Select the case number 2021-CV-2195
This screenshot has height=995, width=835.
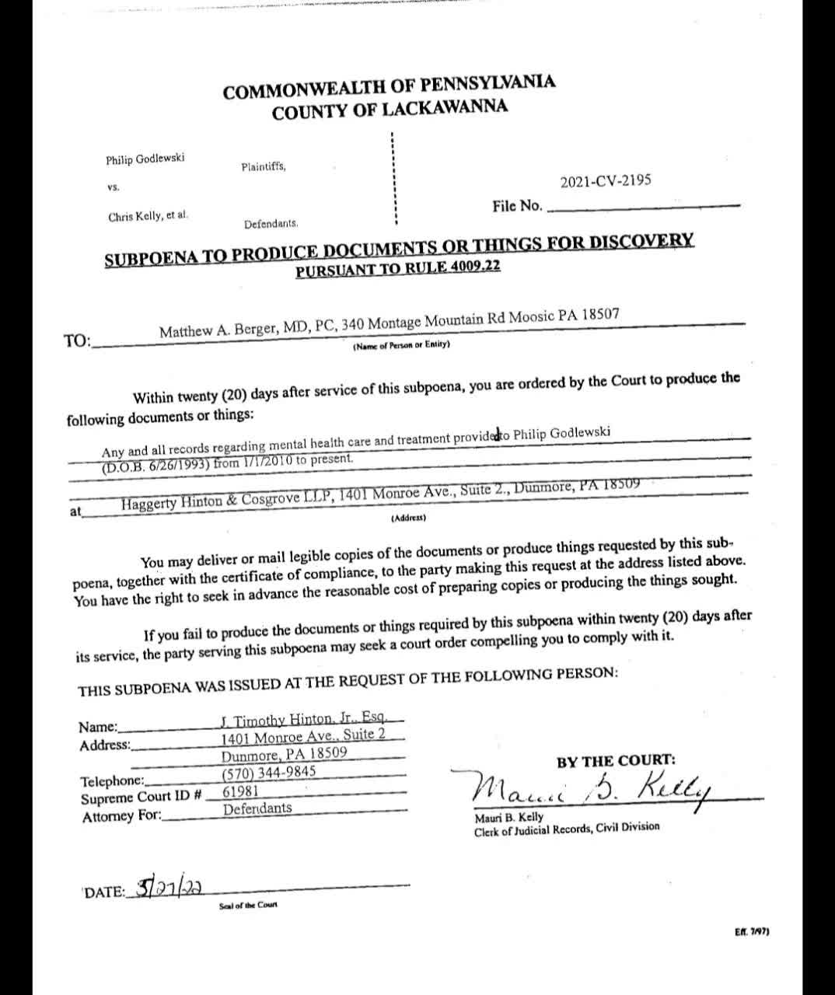tap(606, 182)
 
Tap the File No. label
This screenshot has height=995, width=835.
tap(517, 206)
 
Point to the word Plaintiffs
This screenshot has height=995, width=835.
tap(264, 166)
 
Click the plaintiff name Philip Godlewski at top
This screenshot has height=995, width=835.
tap(145, 159)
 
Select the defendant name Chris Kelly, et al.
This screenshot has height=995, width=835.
tap(148, 216)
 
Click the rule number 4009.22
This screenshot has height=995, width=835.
tap(473, 267)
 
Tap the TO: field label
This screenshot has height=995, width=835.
tap(77, 340)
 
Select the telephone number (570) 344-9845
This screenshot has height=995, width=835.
tap(269, 773)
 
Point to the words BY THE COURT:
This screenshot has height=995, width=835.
tap(616, 760)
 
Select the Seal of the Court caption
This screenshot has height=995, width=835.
tap(248, 905)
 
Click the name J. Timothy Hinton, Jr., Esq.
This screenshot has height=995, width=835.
tap(310, 719)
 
